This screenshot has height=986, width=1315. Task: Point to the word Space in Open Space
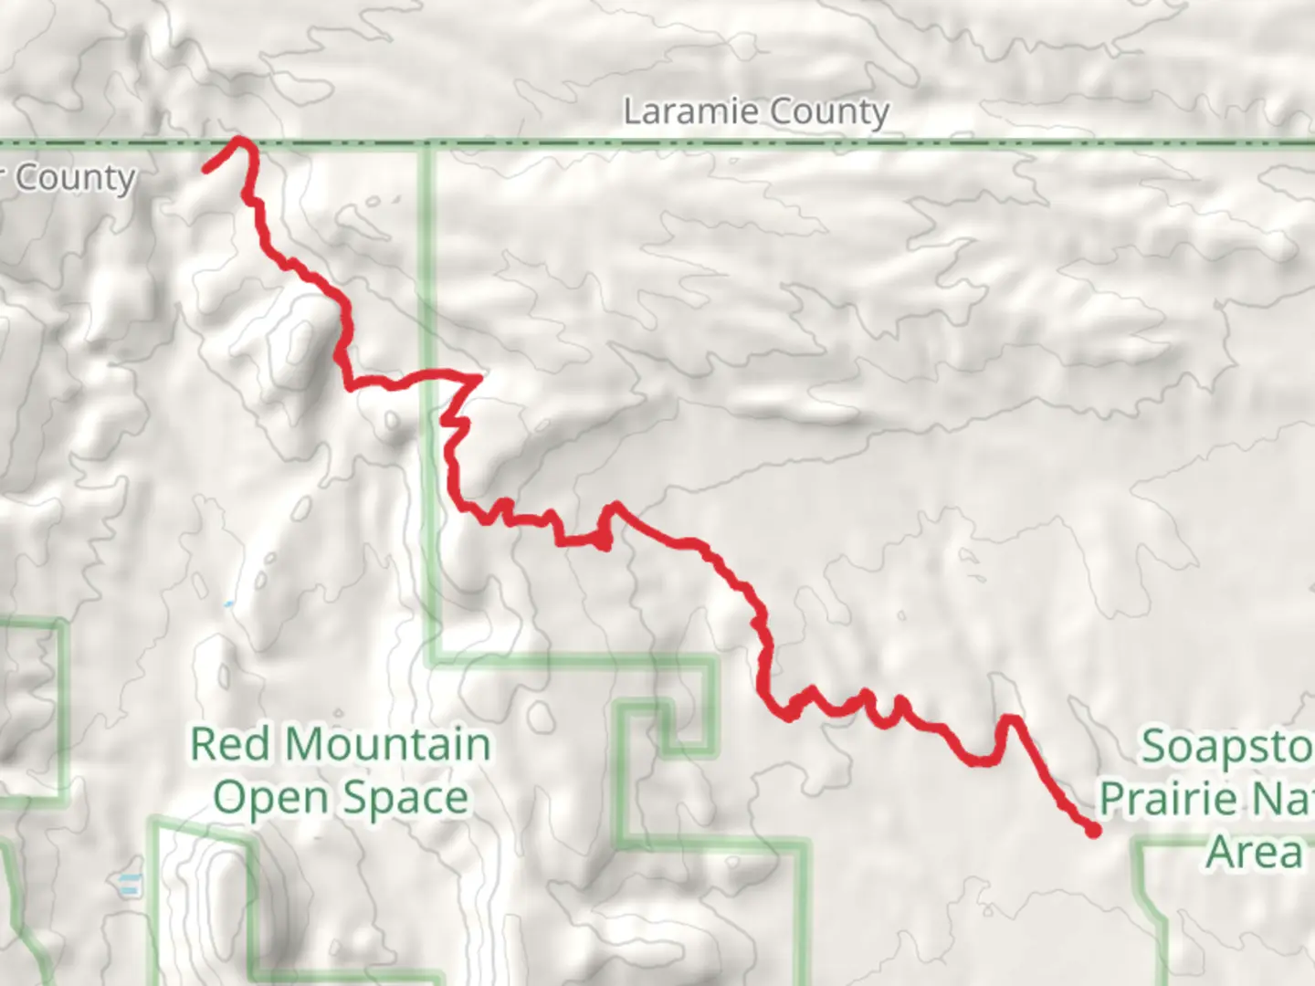(x=407, y=798)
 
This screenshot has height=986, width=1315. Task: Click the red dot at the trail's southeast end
(x=1092, y=830)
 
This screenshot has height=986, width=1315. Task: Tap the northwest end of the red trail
(x=206, y=169)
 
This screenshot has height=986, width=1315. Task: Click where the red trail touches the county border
(x=240, y=141)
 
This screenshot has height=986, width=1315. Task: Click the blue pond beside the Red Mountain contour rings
(x=130, y=883)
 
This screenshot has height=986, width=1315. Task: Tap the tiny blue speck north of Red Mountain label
(x=227, y=604)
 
